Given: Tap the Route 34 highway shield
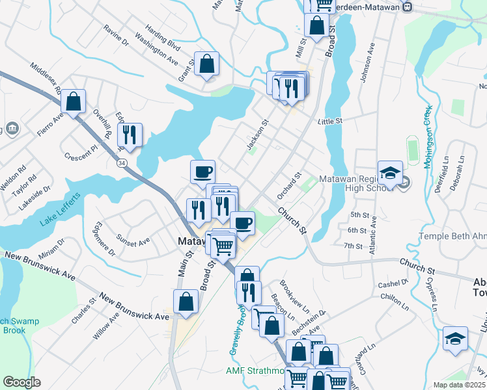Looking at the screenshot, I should (x=122, y=163).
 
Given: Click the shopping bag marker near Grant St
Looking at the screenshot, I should (x=206, y=65).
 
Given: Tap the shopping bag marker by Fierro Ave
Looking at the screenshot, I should (x=74, y=102).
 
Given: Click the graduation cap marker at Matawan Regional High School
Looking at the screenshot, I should (x=390, y=174).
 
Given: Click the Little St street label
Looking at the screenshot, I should (x=329, y=121).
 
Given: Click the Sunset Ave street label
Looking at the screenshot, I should (x=133, y=239).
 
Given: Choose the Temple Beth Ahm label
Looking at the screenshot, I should (x=452, y=236).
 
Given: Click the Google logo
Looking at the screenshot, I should (x=21, y=382).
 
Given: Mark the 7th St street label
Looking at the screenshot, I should (x=354, y=246).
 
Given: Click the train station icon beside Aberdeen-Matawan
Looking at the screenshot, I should (x=408, y=6).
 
